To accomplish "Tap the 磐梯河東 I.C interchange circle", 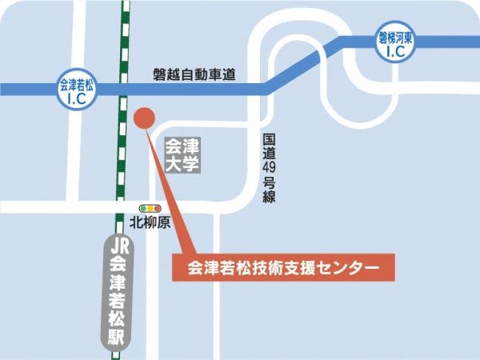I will tap(396, 45).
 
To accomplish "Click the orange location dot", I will tap(143, 118).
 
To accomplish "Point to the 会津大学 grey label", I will tap(181, 155).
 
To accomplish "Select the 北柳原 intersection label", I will tap(150, 223).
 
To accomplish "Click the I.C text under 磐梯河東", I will tap(396, 52).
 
